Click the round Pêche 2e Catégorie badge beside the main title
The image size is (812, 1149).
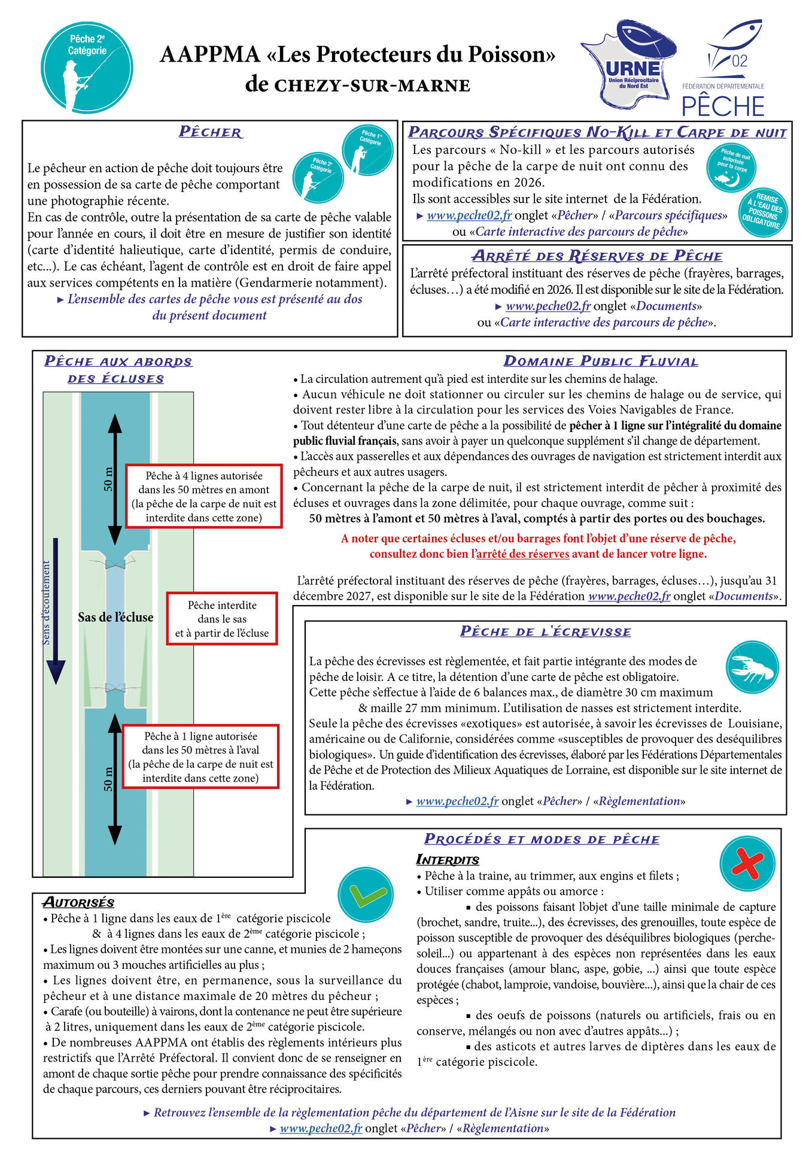pos(87,67)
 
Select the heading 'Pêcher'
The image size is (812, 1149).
pos(211,132)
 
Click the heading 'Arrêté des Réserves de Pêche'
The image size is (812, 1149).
pos(597,256)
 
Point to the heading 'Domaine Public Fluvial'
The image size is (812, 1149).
pos(601,361)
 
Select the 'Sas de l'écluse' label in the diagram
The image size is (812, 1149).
pos(115,618)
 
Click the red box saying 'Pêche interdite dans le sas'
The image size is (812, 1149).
pos(222,619)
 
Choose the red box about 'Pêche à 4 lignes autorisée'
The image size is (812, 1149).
pos(203,497)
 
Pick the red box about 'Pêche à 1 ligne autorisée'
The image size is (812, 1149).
pos(200,757)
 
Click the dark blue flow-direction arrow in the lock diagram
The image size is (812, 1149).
pos(56,610)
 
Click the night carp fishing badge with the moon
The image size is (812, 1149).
pos(731,168)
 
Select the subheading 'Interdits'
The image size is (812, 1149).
pos(448,860)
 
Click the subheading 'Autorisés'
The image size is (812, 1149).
pos(78,902)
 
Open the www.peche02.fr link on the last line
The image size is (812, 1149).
pos(321,1129)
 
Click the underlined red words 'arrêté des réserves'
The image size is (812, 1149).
pos(522,554)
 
